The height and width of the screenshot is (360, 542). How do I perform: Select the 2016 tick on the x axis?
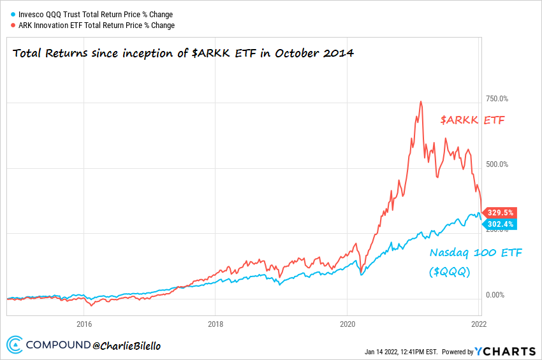[84, 322]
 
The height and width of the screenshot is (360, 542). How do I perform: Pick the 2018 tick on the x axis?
[216, 322]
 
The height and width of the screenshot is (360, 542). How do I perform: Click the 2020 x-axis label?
[347, 322]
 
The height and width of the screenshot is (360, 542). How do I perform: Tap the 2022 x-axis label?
[478, 322]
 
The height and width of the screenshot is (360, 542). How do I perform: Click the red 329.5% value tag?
[501, 213]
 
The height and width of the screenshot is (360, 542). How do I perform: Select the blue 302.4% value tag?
[501, 224]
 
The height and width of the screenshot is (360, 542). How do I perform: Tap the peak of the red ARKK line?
[420, 101]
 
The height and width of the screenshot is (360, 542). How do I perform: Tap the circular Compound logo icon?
[15, 345]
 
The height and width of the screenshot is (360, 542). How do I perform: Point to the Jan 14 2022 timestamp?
[401, 351]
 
